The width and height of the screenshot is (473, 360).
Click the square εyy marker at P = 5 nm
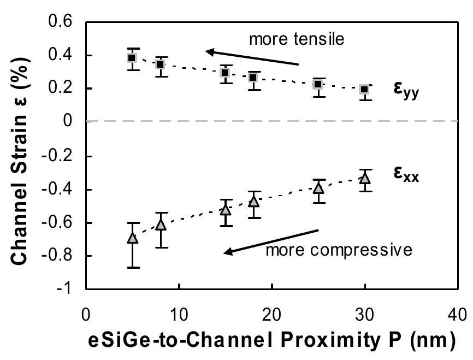pyautogui.click(x=132, y=58)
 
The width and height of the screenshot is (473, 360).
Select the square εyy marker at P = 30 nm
pyautogui.click(x=364, y=90)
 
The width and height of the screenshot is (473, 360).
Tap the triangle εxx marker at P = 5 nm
pyautogui.click(x=132, y=238)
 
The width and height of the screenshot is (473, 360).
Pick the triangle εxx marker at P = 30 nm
pyautogui.click(x=364, y=178)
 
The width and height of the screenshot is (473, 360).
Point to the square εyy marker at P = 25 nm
pyautogui.click(x=318, y=85)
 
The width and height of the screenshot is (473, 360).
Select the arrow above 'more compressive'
pyautogui.click(x=271, y=241)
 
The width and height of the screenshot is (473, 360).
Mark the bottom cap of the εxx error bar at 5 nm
pyautogui.click(x=132, y=267)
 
